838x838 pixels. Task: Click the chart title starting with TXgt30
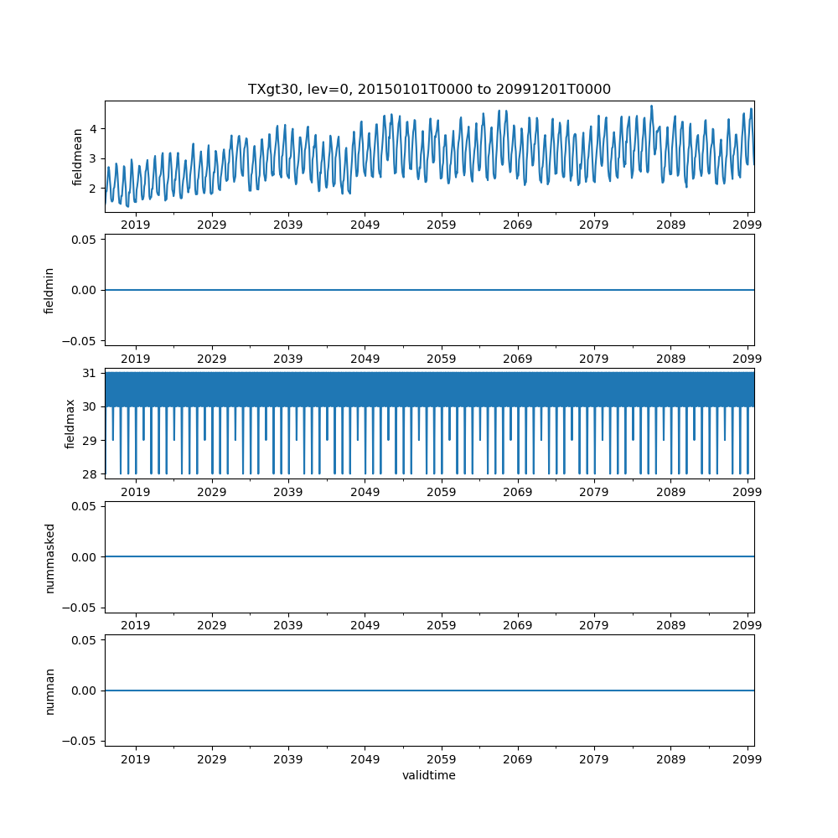click(x=429, y=89)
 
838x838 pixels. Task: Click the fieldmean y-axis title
click(x=77, y=157)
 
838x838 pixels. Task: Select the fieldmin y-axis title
click(x=49, y=290)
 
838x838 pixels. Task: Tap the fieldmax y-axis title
click(x=70, y=424)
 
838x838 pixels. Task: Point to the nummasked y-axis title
click(x=49, y=557)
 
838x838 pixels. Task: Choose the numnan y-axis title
click(x=49, y=691)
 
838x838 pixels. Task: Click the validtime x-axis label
click(x=429, y=775)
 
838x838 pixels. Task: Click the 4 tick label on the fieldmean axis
click(x=95, y=129)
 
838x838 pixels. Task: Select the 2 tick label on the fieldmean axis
click(x=95, y=188)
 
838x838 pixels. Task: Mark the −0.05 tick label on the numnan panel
click(x=82, y=741)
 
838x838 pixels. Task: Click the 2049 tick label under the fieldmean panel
click(x=365, y=225)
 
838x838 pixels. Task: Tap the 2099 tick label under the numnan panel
click(x=747, y=758)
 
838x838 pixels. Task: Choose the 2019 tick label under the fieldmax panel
click(x=136, y=491)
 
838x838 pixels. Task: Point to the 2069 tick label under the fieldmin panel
click(x=518, y=358)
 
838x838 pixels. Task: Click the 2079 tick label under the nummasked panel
click(x=594, y=625)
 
